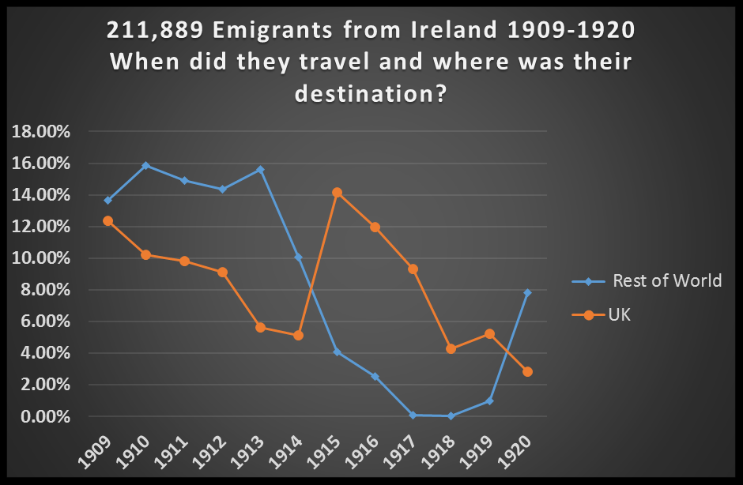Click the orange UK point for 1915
(x=337, y=193)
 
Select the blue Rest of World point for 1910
(x=146, y=166)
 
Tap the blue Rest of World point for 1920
(x=527, y=293)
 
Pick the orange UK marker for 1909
(x=108, y=221)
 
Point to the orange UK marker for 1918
(x=451, y=348)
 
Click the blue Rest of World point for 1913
(x=261, y=170)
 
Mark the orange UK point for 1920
(x=527, y=371)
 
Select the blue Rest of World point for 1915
(x=337, y=352)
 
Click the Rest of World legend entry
(x=666, y=280)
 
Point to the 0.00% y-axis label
(x=44, y=416)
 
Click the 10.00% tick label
(x=41, y=258)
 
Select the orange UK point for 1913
(x=261, y=328)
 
